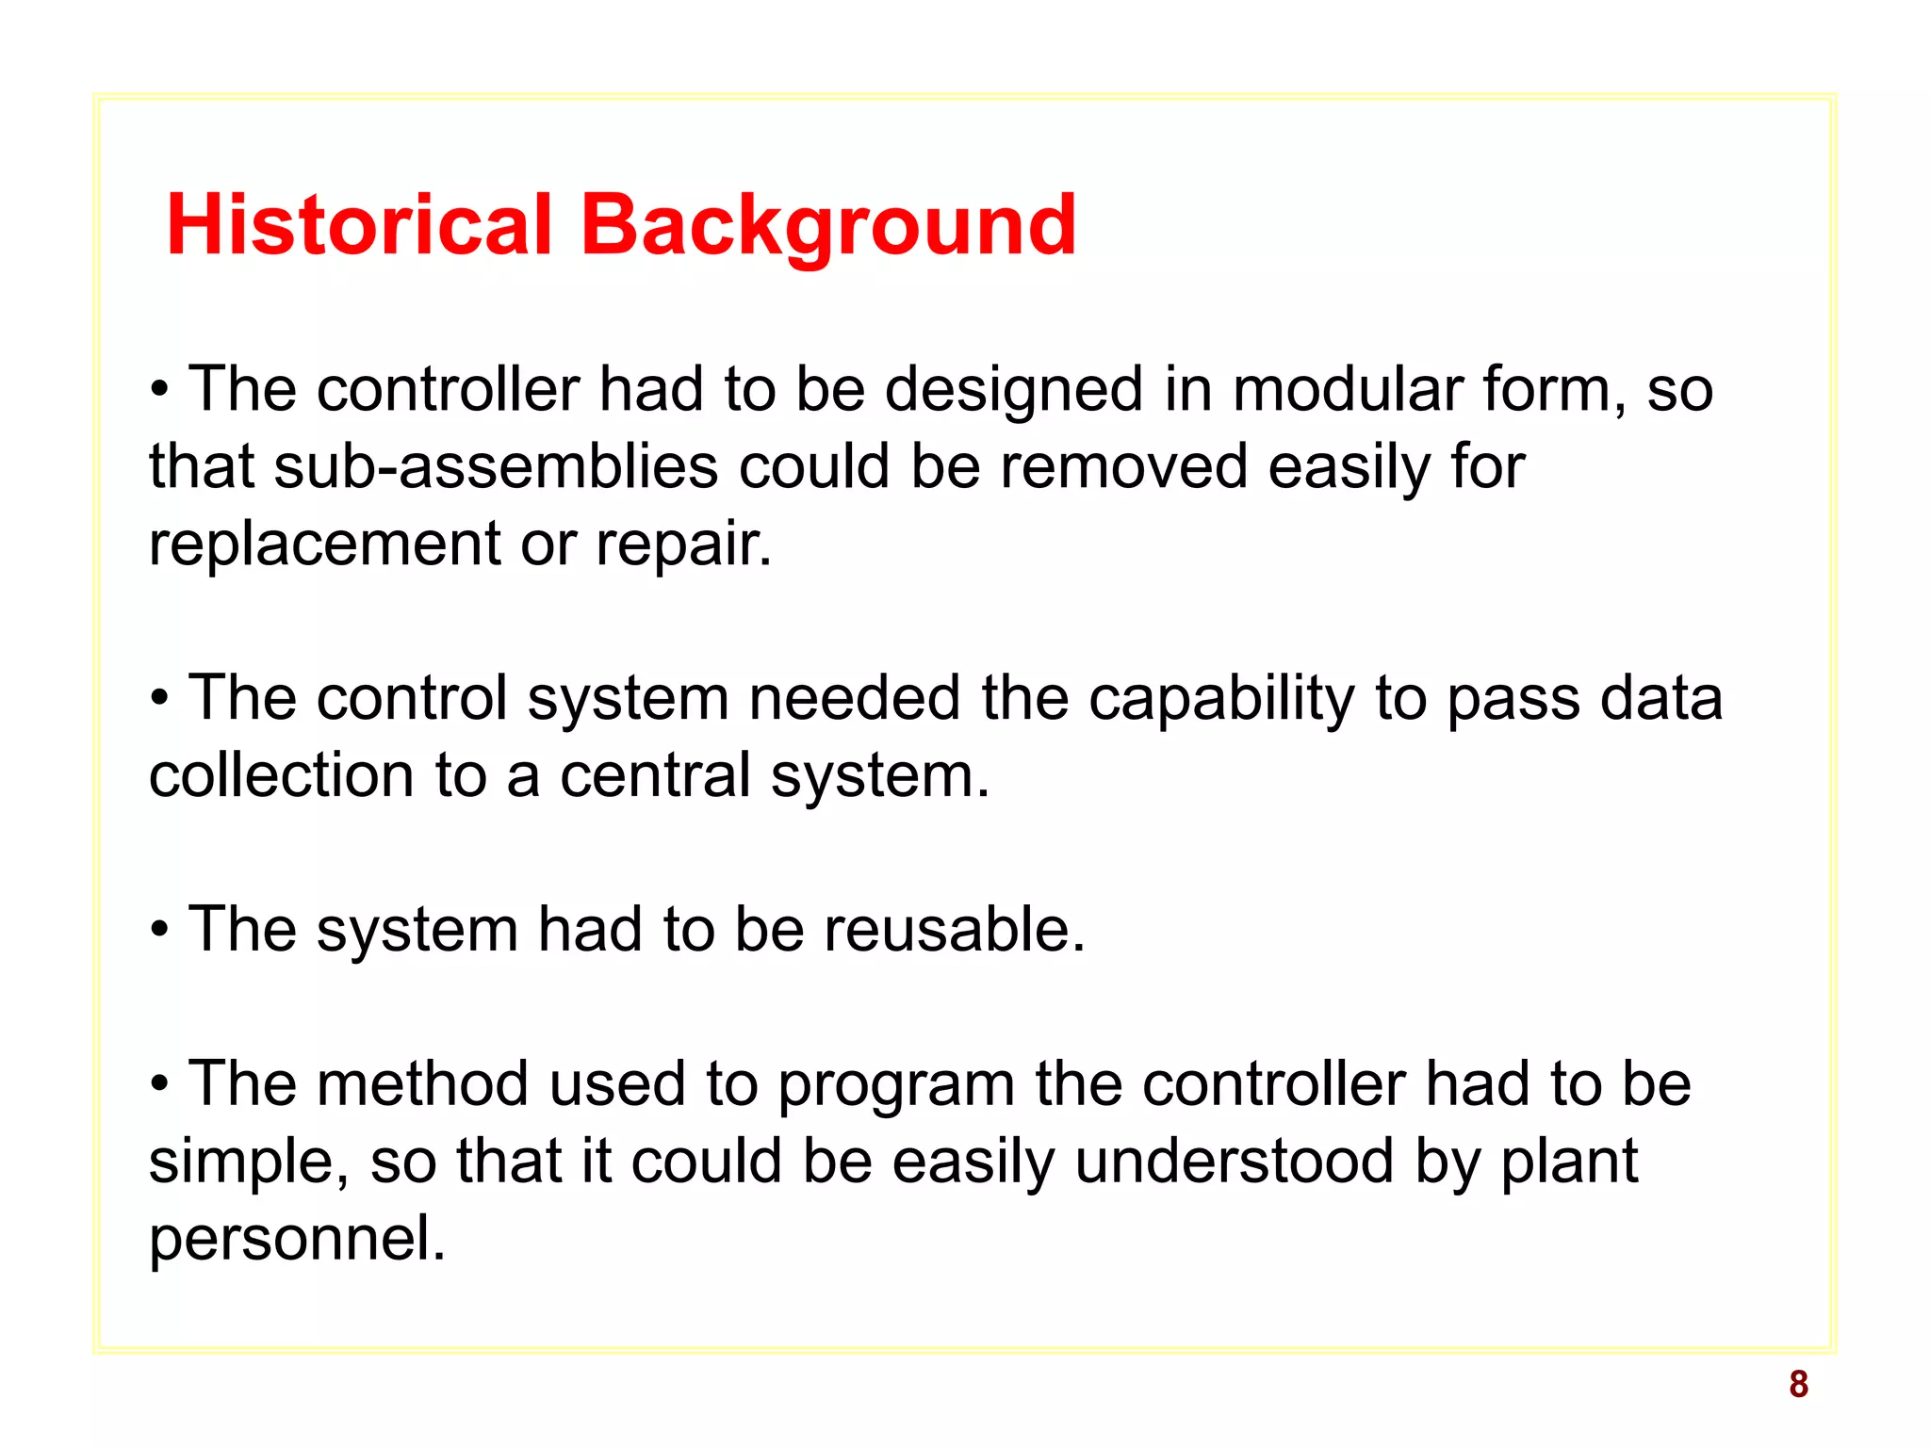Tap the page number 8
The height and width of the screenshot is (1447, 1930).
point(1798,1384)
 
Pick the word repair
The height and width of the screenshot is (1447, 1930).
point(683,544)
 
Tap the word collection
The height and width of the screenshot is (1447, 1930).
point(281,775)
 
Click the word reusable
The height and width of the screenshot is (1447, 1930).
point(954,930)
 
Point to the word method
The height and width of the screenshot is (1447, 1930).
point(422,1083)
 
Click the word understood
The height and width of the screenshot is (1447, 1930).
point(1234,1161)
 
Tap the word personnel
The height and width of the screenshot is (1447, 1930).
point(297,1238)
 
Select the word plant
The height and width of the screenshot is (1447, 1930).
point(1569,1161)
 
